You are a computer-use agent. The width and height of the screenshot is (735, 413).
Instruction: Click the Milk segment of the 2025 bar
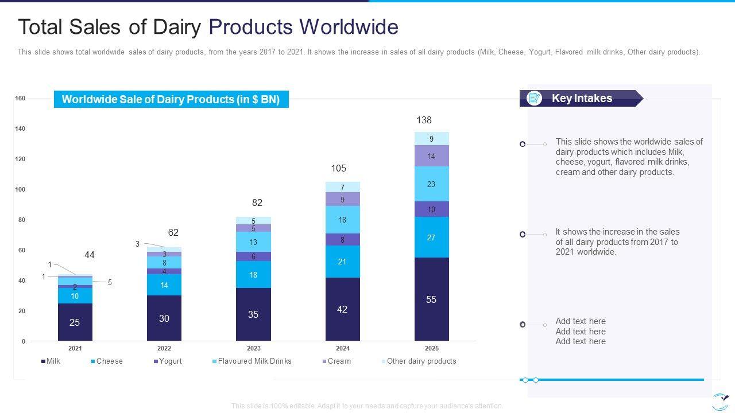431,299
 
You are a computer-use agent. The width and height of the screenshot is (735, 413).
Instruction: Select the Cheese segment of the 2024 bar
342,262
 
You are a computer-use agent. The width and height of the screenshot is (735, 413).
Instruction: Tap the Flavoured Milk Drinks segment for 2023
253,241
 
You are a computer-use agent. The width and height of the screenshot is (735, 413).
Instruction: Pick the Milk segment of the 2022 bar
164,318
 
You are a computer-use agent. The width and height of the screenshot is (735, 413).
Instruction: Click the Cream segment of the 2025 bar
431,156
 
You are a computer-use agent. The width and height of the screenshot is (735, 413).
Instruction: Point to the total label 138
424,120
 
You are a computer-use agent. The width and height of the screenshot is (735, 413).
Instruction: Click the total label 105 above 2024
339,168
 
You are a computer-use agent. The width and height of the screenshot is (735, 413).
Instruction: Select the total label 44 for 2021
89,255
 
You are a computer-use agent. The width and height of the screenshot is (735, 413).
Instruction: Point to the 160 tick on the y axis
20,98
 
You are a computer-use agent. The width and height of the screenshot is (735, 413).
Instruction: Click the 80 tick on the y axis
21,220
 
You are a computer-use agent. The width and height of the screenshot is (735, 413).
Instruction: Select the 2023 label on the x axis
253,348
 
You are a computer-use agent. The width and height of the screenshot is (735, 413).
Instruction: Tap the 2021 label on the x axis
75,348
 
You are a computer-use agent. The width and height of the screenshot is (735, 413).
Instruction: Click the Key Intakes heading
582,98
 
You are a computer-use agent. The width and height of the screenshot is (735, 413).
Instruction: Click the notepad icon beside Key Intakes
534,98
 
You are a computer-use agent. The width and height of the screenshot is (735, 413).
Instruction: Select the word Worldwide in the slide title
350,27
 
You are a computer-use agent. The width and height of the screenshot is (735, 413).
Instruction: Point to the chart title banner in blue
171,99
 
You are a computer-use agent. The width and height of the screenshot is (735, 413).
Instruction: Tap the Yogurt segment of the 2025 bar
431,209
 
